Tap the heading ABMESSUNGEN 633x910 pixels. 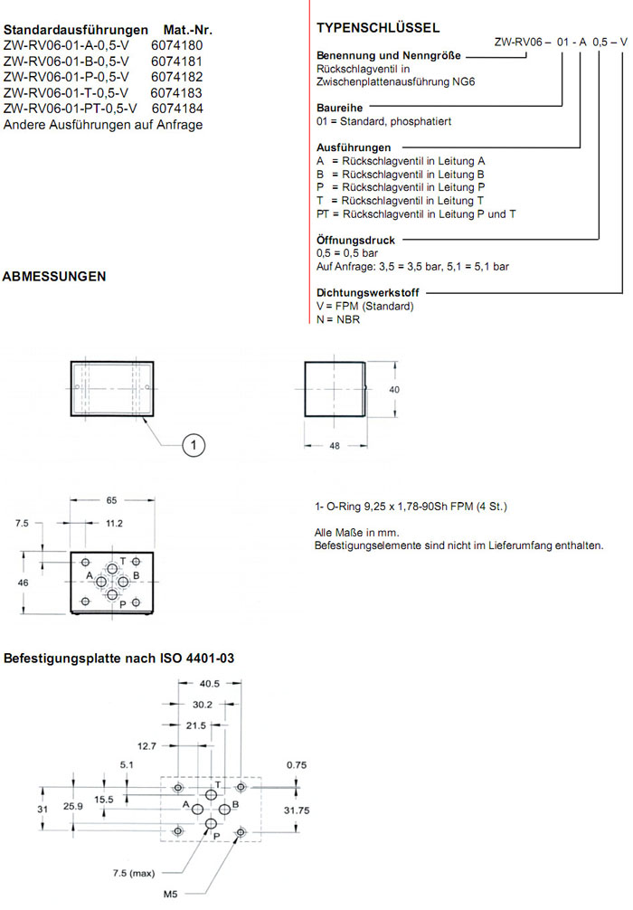(x=55, y=276)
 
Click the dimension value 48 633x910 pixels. (x=335, y=446)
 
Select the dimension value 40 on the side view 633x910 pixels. (x=393, y=389)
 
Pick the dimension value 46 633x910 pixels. (x=24, y=583)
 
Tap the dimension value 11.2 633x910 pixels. (x=114, y=523)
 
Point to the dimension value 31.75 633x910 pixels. (x=298, y=810)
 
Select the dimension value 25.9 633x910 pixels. (x=75, y=806)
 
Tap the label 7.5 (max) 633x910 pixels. (x=132, y=873)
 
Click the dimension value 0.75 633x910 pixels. (x=297, y=764)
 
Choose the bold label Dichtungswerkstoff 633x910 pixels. (x=368, y=293)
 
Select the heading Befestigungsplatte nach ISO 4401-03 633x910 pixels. (x=119, y=659)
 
